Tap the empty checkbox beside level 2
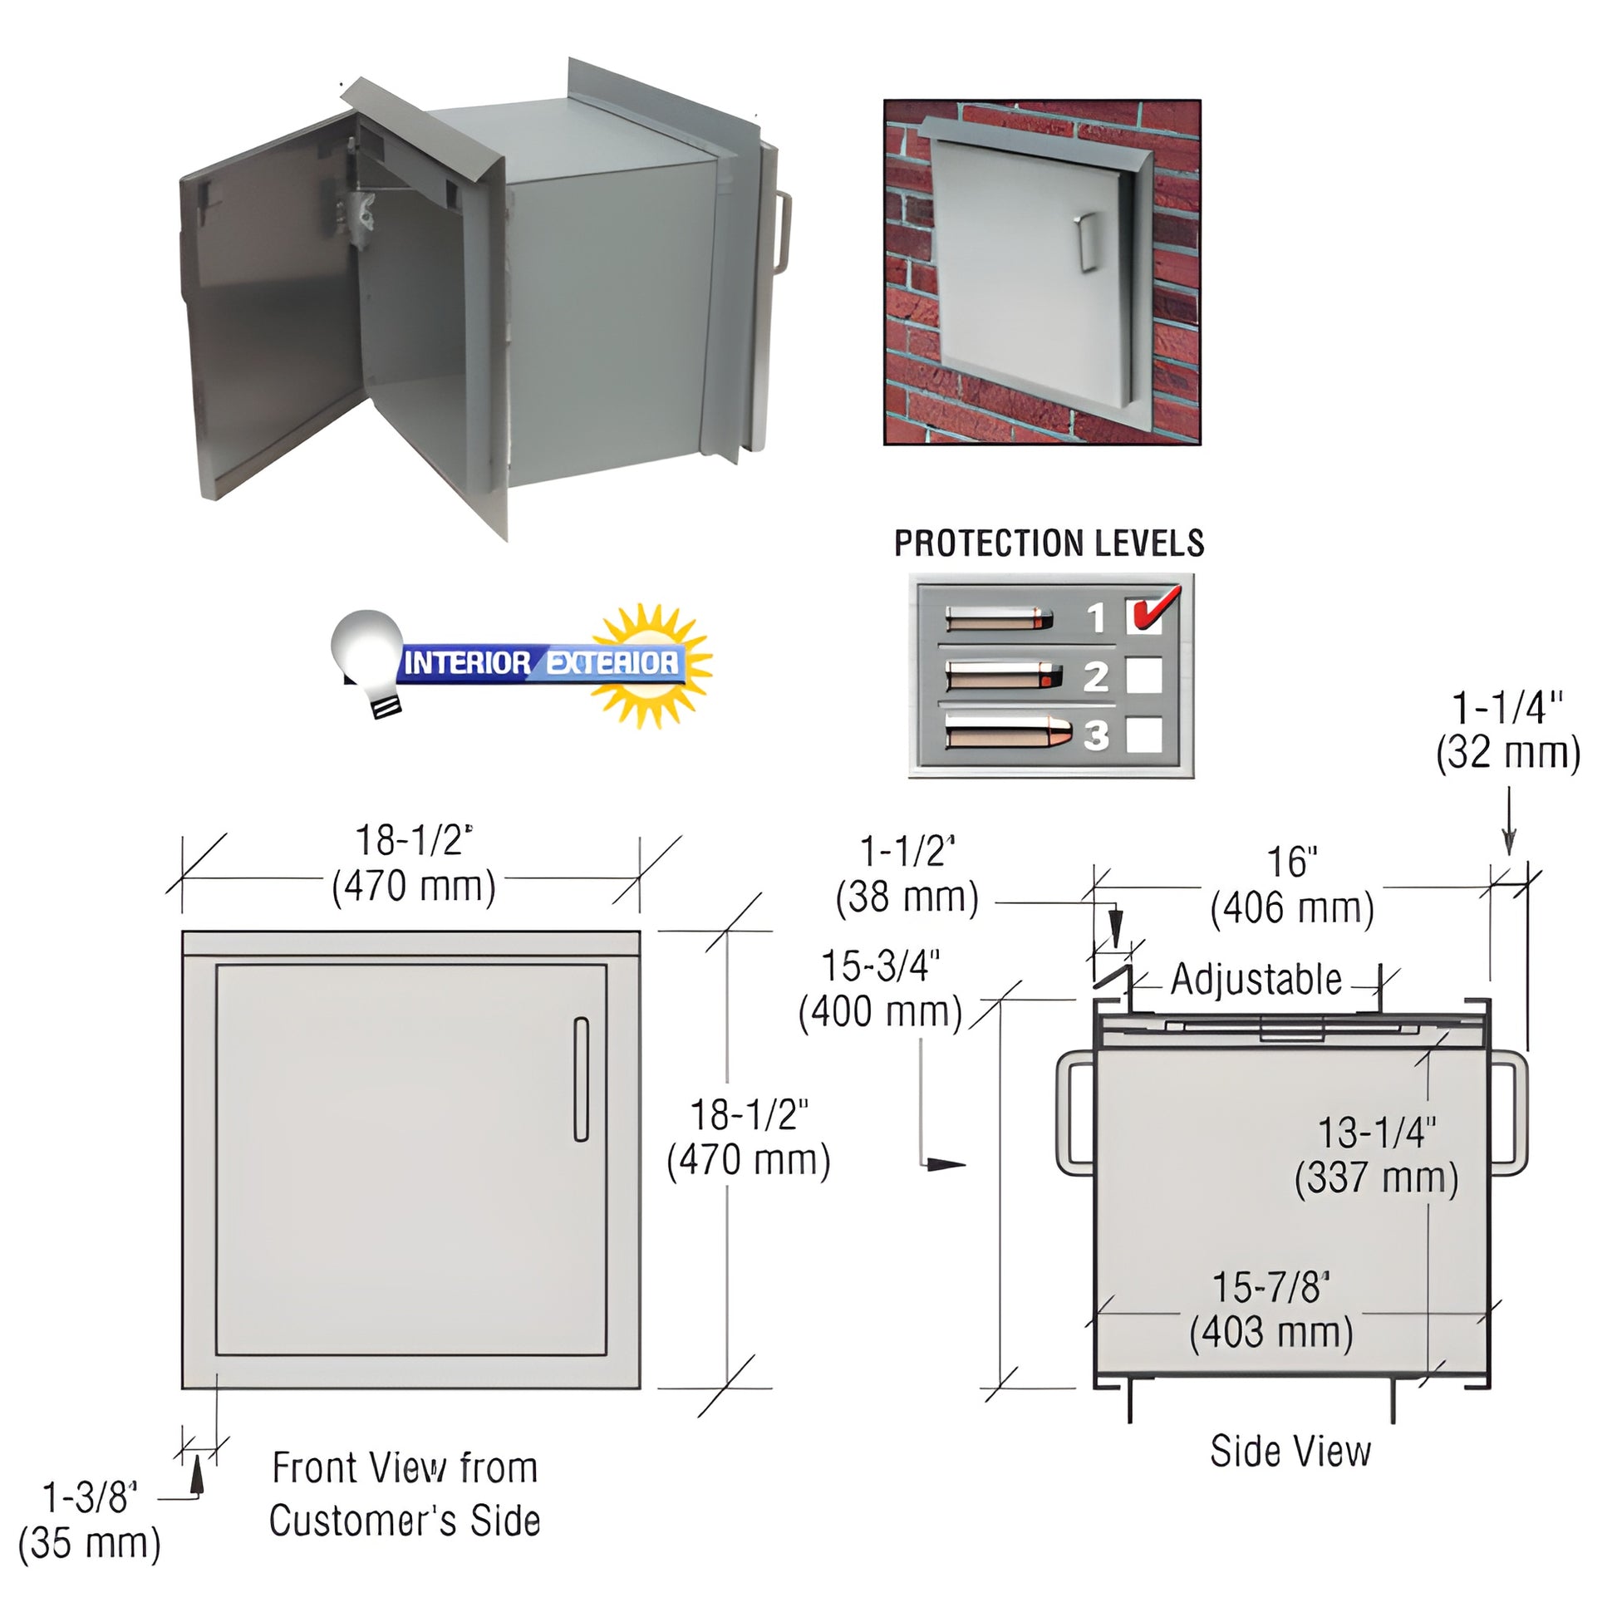pyautogui.click(x=1143, y=676)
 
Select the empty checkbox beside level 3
pyautogui.click(x=1143, y=735)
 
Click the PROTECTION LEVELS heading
pyautogui.click(x=1049, y=543)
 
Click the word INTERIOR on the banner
pyautogui.click(x=466, y=664)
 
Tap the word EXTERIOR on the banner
pyautogui.click(x=612, y=664)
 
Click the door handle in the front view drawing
pyautogui.click(x=581, y=1079)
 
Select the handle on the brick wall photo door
pyautogui.click(x=1087, y=243)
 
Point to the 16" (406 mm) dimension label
pyautogui.click(x=1292, y=886)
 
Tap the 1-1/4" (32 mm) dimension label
pyautogui.click(x=1508, y=730)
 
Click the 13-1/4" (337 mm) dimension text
pyautogui.click(x=1377, y=1156)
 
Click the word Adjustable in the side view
pyautogui.click(x=1256, y=979)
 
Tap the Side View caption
pyautogui.click(x=1290, y=1452)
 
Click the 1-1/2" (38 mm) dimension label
pyautogui.click(x=907, y=875)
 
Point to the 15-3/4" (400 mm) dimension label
pyautogui.click(x=881, y=989)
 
